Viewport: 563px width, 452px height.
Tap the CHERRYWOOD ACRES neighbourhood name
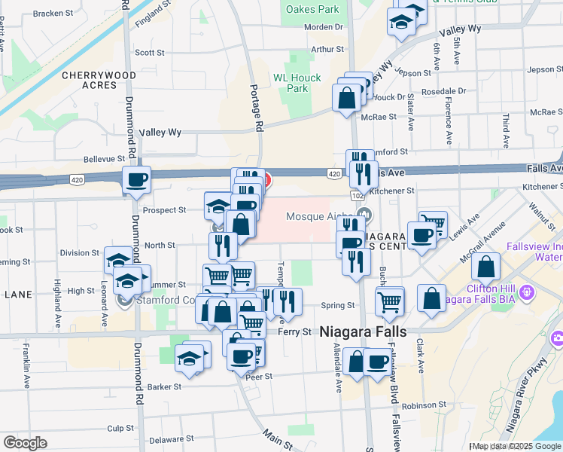click(99, 81)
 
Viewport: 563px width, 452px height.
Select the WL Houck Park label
click(297, 83)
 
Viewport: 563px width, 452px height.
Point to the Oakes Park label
click(312, 10)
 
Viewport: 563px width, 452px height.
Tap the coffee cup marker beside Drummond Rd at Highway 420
click(137, 180)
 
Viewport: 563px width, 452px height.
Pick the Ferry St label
click(294, 332)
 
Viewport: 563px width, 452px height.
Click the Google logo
click(25, 443)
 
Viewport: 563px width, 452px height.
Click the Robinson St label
click(419, 405)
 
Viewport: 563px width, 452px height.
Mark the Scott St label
click(149, 53)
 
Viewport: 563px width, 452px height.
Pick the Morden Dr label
click(324, 27)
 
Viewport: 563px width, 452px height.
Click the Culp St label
click(120, 428)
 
